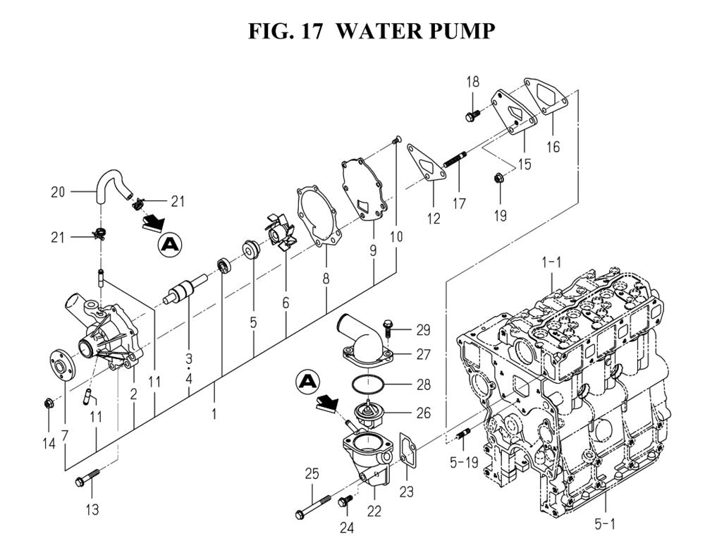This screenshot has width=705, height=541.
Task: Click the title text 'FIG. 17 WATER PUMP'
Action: coord(372,31)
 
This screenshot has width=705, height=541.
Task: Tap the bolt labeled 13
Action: coord(87,483)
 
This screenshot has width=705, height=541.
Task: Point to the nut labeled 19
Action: coord(499,179)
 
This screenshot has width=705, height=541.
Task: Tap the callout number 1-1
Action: coord(551,262)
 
